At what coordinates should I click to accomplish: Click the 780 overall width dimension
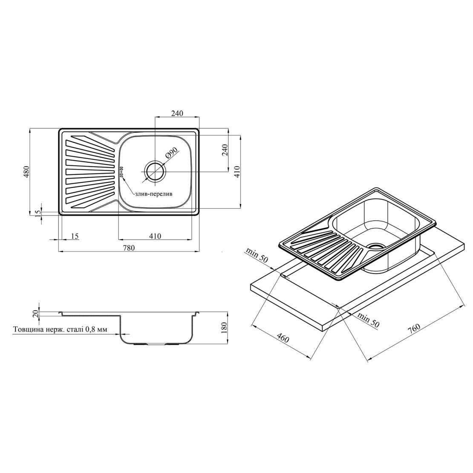(x=128, y=248)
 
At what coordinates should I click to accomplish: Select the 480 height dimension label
(x=26, y=172)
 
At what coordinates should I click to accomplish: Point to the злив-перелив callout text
(x=153, y=194)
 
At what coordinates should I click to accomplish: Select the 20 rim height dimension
(x=36, y=314)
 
